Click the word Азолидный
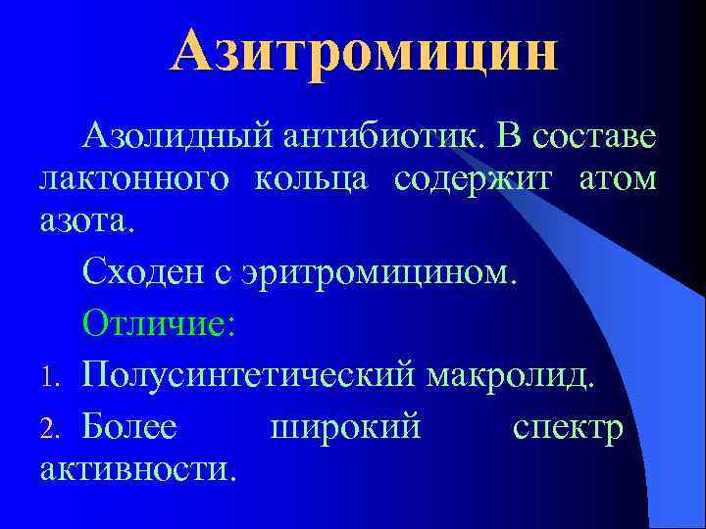[x=176, y=138]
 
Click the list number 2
[x=56, y=429]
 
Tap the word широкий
[x=344, y=427]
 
